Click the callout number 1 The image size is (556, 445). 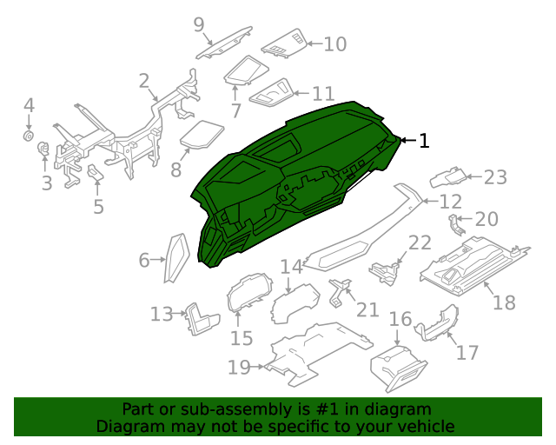pos(424,141)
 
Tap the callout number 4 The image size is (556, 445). pos(29,106)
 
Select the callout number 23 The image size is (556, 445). pos(494,177)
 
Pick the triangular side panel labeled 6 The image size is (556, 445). pos(177,257)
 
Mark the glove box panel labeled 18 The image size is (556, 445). pos(473,262)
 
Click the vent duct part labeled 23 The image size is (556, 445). pos(447,178)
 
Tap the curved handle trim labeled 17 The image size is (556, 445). pos(437,323)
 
